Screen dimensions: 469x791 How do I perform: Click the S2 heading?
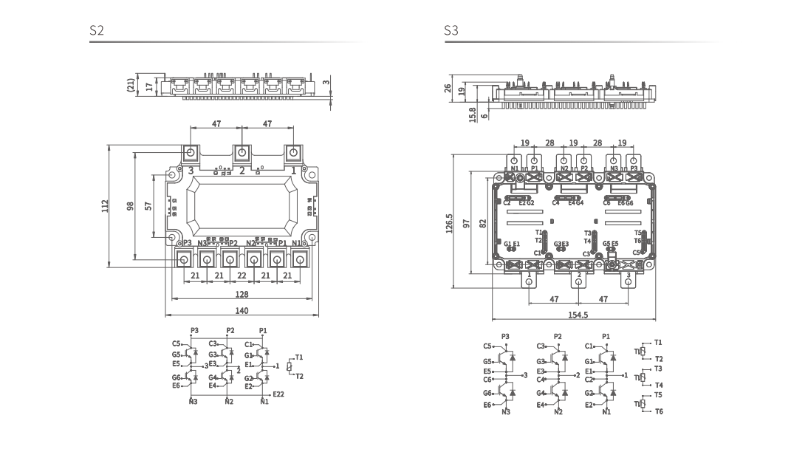tap(97, 31)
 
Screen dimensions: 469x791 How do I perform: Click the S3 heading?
tap(451, 31)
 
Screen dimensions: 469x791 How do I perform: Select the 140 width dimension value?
tap(242, 311)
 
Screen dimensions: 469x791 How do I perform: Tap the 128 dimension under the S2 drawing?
tap(242, 294)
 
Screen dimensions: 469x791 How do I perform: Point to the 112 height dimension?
tap(105, 205)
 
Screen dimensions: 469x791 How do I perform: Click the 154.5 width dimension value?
tap(578, 315)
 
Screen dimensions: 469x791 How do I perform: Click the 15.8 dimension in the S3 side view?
tap(473, 114)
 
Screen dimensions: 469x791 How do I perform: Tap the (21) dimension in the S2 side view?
tap(131, 85)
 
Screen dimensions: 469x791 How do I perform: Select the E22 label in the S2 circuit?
tap(278, 394)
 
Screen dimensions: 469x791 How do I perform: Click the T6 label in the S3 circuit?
tap(658, 411)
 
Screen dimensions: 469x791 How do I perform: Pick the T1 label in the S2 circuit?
tap(299, 357)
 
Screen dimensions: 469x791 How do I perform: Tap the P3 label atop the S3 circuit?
tap(505, 336)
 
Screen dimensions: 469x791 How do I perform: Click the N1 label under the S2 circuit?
tap(264, 402)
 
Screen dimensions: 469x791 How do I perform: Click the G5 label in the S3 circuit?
tap(487, 361)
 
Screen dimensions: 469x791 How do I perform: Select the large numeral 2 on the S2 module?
tap(242, 171)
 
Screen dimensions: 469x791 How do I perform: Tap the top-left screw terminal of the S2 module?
tap(191, 153)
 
